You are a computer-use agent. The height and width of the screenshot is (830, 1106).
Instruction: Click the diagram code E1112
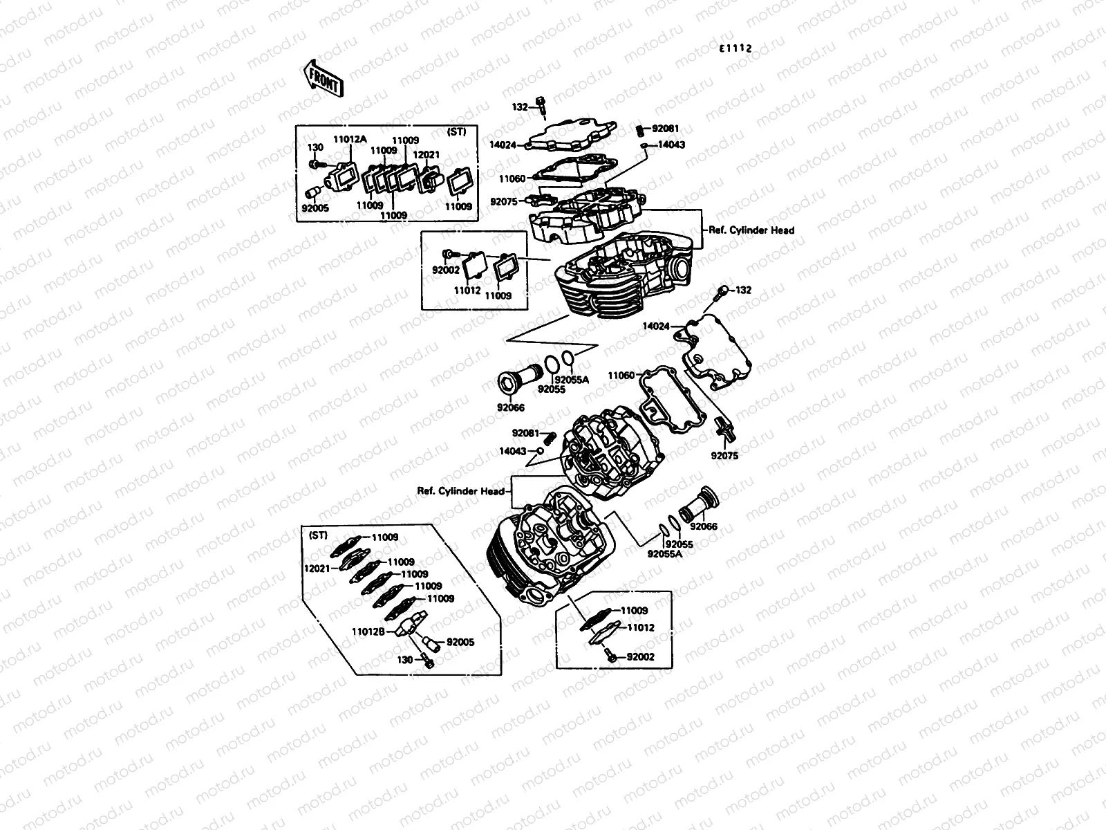735,48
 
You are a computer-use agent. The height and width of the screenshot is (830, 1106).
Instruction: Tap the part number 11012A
350,139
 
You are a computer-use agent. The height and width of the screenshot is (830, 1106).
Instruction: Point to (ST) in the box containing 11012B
318,535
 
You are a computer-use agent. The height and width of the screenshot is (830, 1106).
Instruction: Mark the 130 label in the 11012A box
315,147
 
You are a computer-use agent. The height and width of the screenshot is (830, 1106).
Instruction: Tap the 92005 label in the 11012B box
460,642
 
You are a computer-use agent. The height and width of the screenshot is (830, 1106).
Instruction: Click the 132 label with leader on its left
743,290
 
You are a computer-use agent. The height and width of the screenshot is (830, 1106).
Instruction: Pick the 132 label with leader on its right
520,107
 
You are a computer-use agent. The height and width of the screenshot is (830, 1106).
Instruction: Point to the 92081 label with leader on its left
665,128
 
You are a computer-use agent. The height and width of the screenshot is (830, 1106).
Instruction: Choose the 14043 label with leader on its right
512,451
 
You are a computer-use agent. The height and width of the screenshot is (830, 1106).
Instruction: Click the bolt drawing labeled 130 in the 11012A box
317,164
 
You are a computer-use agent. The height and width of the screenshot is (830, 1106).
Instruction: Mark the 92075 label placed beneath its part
724,456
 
